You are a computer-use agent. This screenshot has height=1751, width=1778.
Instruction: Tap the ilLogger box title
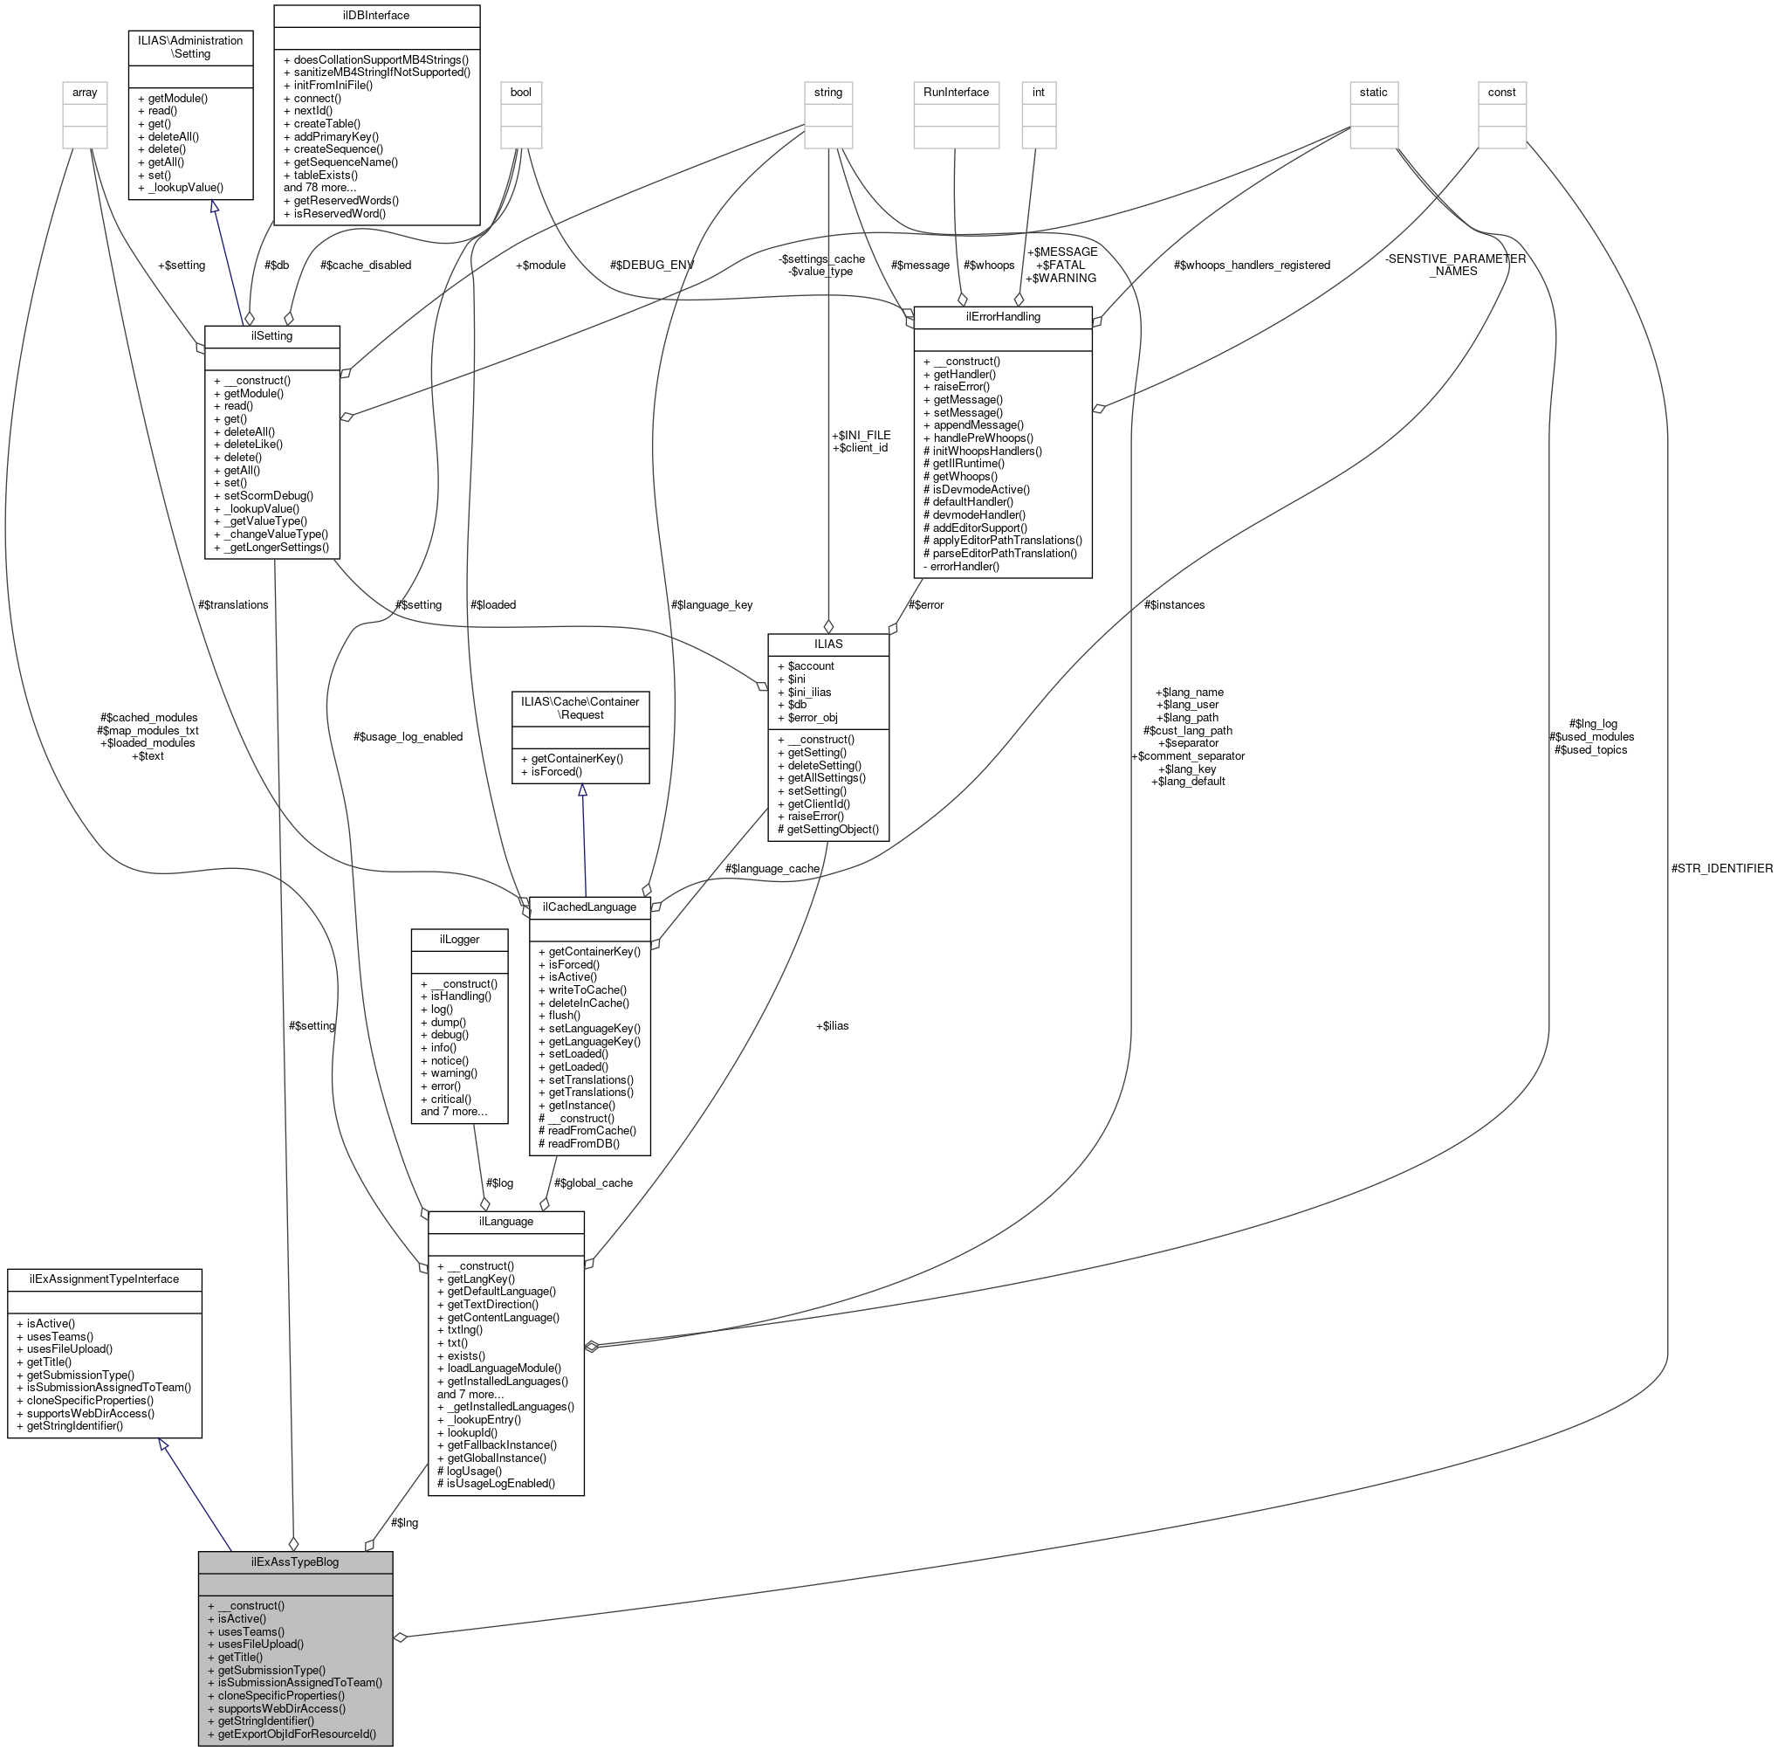click(x=459, y=939)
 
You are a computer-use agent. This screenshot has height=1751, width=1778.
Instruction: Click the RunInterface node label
click(x=956, y=92)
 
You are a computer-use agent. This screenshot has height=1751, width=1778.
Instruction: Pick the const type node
click(x=1501, y=92)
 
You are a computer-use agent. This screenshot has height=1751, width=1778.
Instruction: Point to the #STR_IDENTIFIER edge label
click(x=1721, y=868)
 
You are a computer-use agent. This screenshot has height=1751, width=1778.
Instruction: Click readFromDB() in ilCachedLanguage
click(x=584, y=1143)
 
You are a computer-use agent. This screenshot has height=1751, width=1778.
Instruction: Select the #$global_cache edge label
click(x=593, y=1182)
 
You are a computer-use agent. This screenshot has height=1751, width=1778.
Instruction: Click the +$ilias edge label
click(x=832, y=1025)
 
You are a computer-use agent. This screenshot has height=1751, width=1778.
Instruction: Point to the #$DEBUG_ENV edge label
click(x=652, y=265)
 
